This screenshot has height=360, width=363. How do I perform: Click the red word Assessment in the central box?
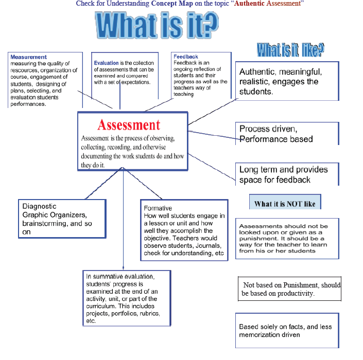[x=129, y=125]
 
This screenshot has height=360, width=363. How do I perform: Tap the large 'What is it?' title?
[x=157, y=25]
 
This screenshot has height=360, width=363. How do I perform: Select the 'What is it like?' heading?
[x=290, y=50]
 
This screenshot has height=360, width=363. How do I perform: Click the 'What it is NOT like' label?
[x=285, y=204]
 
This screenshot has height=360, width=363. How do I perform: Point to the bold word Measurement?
[x=28, y=57]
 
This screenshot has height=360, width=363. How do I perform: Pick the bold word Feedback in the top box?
[x=186, y=57]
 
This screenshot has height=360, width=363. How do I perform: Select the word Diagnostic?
[x=40, y=207]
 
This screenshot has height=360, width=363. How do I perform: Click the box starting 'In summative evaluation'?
[x=127, y=298]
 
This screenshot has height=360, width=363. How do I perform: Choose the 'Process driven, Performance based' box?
[x=287, y=134]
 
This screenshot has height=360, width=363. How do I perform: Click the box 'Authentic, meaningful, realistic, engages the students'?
[x=287, y=81]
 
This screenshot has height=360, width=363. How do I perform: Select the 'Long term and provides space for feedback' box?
[x=287, y=174]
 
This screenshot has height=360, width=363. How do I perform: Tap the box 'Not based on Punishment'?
[x=289, y=289]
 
